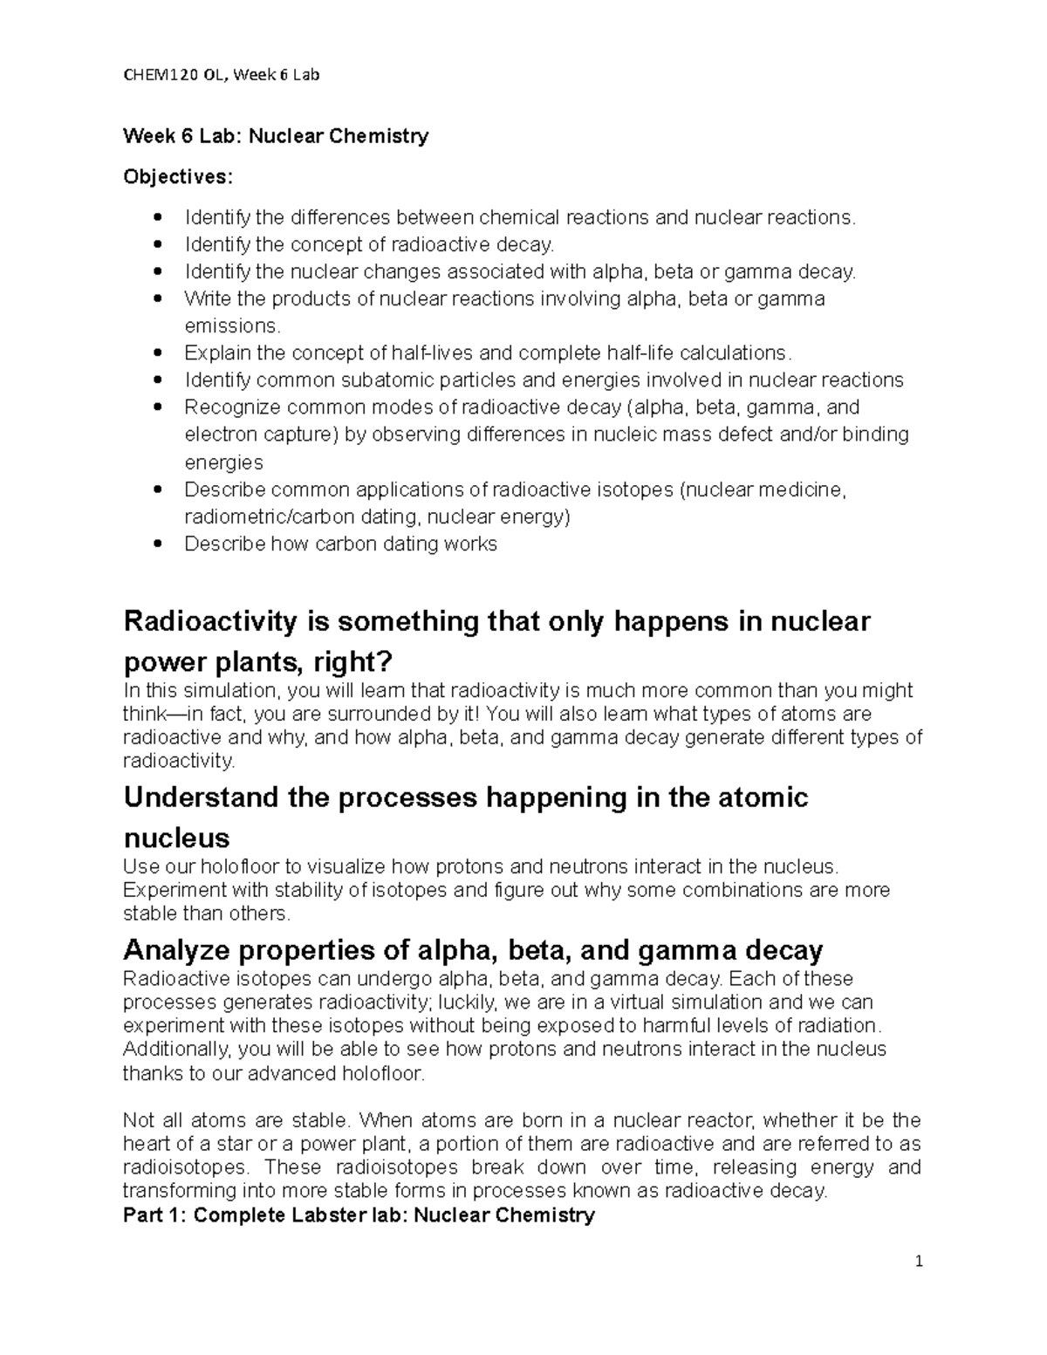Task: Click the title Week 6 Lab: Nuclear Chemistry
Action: pyautogui.click(x=276, y=136)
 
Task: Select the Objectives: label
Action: pyautogui.click(x=178, y=177)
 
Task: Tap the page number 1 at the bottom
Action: pyautogui.click(x=919, y=1262)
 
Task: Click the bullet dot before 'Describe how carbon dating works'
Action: pyautogui.click(x=157, y=544)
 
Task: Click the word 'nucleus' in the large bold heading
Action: pyautogui.click(x=177, y=838)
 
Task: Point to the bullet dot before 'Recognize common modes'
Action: pyautogui.click(x=157, y=408)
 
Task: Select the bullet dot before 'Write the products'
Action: pyautogui.click(x=157, y=299)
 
